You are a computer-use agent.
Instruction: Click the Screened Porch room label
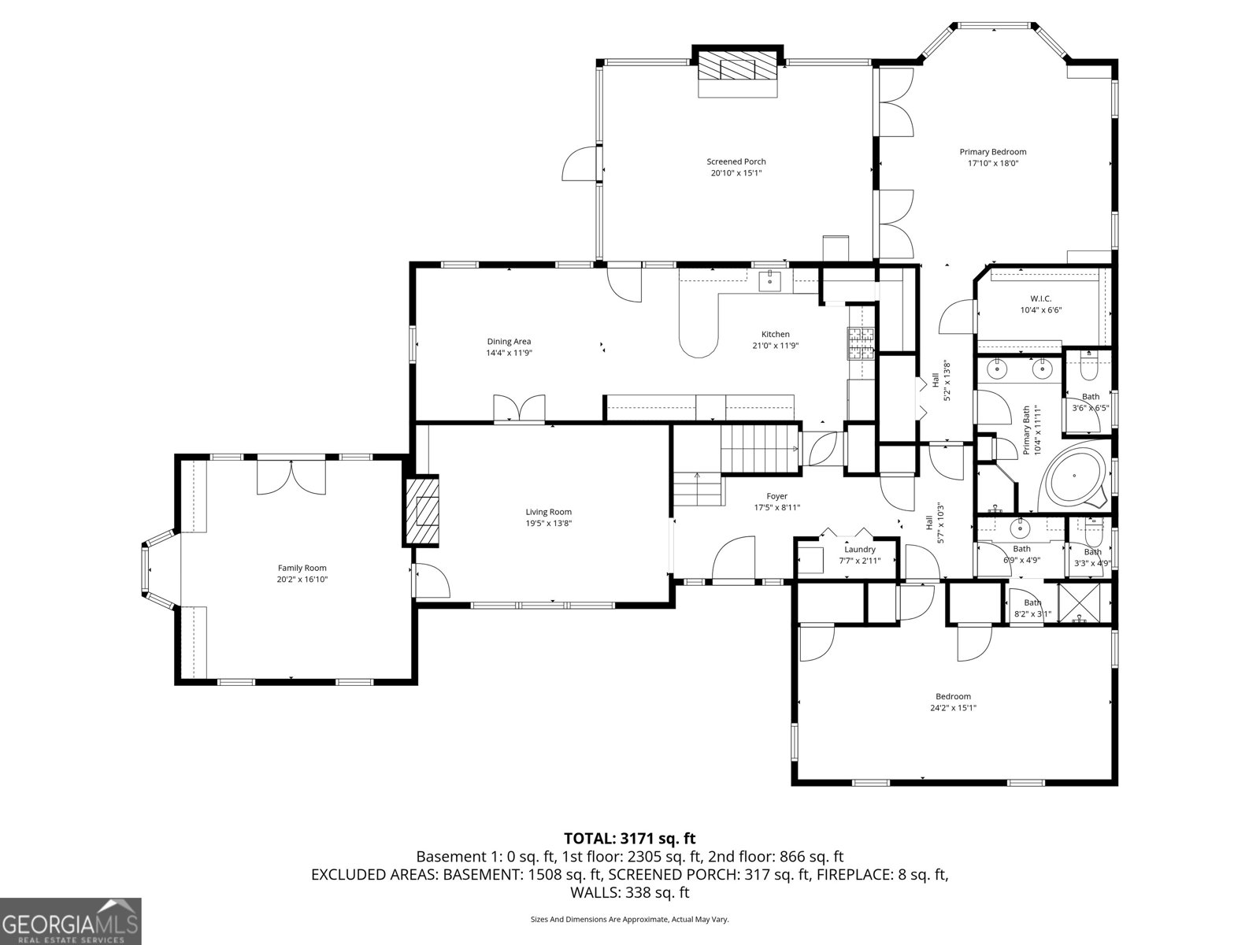(x=736, y=161)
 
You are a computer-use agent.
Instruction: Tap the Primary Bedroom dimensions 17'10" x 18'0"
(x=992, y=164)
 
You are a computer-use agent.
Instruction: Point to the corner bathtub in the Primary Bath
(x=1076, y=478)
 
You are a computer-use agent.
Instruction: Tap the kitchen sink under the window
(x=769, y=280)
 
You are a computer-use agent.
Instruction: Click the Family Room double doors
(x=291, y=476)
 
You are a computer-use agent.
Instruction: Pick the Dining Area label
(x=509, y=342)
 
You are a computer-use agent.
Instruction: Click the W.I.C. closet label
(x=1040, y=298)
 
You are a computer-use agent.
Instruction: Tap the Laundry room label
(x=860, y=550)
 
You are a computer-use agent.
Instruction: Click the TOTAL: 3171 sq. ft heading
(x=629, y=839)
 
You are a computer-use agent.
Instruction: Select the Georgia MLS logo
(x=71, y=920)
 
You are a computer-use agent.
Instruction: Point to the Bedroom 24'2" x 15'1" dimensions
(x=953, y=708)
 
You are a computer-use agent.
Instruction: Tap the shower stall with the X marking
(x=1084, y=602)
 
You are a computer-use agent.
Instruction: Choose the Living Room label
(x=548, y=512)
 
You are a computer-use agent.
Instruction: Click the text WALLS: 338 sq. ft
(x=629, y=892)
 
